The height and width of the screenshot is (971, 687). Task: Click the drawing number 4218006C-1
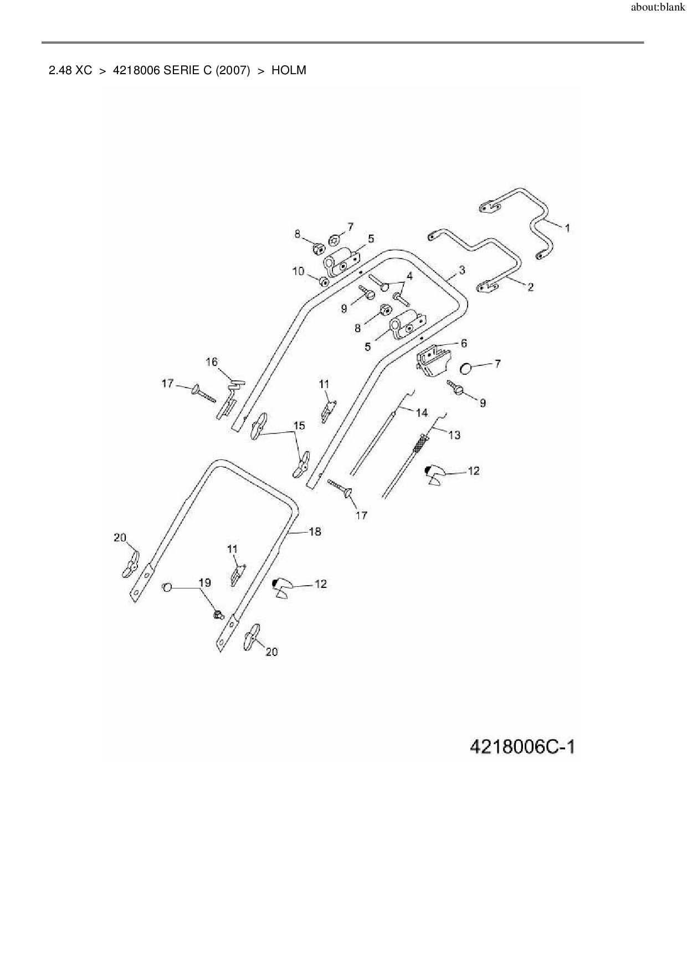(522, 747)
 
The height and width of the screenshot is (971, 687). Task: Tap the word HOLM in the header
(289, 70)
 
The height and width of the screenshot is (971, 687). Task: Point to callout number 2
(530, 287)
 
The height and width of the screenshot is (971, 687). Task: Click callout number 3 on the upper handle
(462, 270)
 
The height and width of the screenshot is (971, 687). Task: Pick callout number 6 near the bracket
(464, 343)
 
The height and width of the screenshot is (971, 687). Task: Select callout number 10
(298, 271)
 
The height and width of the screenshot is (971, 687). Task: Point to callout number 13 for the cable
(454, 435)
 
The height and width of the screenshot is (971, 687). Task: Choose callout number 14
(422, 412)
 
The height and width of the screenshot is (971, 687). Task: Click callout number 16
(212, 362)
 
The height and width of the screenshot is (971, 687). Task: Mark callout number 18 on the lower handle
(315, 531)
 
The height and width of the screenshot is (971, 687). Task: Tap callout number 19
(204, 582)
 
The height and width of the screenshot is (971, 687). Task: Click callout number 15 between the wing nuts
(299, 426)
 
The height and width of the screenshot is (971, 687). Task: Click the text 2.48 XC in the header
(70, 70)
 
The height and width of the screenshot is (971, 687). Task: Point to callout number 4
(409, 275)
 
